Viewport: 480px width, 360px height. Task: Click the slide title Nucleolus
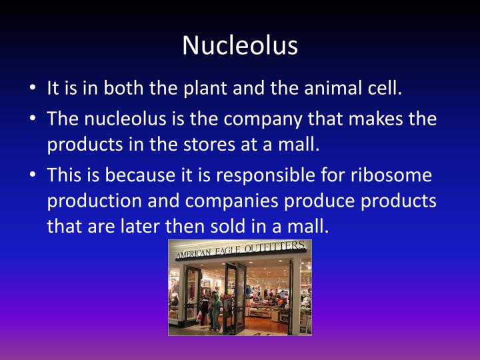(x=240, y=45)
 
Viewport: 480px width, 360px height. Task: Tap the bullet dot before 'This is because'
(x=33, y=176)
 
